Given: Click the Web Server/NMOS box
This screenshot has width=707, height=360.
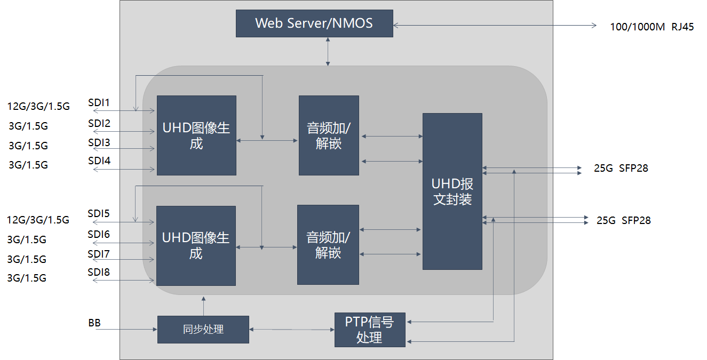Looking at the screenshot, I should [314, 23].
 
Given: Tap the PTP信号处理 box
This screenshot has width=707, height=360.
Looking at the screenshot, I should [370, 330].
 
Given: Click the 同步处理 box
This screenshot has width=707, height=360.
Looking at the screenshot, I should [203, 330].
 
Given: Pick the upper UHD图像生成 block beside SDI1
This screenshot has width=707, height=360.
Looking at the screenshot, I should [196, 135].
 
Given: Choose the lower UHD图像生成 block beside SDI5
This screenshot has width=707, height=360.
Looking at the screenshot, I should [196, 245].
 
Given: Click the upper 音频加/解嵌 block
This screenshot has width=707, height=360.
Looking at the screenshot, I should [329, 135].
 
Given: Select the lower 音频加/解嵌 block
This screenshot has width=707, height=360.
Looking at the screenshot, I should [328, 245].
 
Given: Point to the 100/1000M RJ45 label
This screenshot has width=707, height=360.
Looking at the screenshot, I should [652, 27].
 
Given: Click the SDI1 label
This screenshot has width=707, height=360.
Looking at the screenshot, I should [99, 103].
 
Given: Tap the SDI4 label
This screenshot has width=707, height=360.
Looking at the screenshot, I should [99, 161].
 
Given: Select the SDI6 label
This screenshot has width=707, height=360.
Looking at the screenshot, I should [99, 234].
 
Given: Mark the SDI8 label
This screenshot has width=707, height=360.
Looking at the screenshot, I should [99, 273].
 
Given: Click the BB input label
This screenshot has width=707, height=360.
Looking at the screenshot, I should [94, 323].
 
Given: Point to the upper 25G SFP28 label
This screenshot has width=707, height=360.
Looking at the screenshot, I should [621, 169].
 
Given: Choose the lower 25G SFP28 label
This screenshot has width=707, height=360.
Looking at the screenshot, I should [623, 220].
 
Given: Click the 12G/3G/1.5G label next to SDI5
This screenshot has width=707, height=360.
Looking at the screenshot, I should [38, 220].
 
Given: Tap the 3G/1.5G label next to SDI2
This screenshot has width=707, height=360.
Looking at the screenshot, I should [28, 126].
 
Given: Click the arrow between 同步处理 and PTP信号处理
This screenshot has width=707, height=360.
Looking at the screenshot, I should [291, 330].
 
